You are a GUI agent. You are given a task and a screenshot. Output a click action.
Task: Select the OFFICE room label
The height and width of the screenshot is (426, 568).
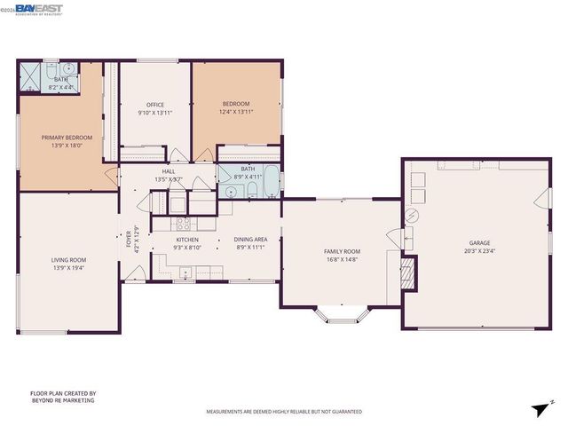(x=155, y=106)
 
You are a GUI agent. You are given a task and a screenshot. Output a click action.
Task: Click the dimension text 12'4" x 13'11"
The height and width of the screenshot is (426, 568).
(x=235, y=113)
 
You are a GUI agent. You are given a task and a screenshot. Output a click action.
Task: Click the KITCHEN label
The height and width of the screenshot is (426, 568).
(x=186, y=240)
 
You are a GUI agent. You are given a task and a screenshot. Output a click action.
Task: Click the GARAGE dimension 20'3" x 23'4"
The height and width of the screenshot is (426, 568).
(x=479, y=251)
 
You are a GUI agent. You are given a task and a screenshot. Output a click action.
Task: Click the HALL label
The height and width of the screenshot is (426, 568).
(x=168, y=171)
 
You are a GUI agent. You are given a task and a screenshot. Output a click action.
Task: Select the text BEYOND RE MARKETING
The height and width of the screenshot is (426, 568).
(x=62, y=400)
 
